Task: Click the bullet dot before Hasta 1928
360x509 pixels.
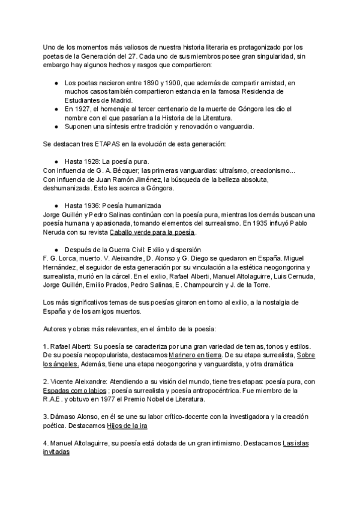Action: point(56,162)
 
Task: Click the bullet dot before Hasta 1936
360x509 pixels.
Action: point(56,205)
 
